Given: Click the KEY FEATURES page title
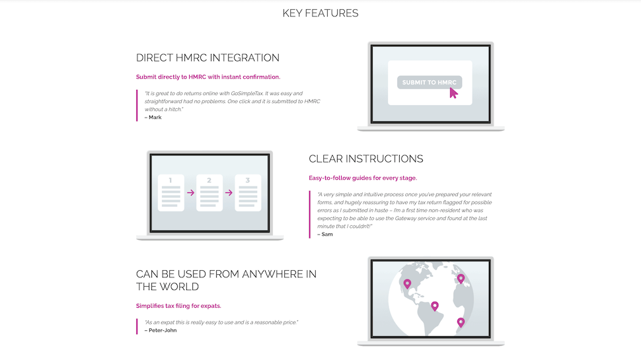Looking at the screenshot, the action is click(x=320, y=13).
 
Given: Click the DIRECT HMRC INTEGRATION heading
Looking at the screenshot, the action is click(x=207, y=57).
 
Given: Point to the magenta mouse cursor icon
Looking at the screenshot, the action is click(x=453, y=92).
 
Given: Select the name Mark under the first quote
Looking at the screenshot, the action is click(x=155, y=118).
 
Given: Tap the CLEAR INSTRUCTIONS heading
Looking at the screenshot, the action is click(x=366, y=159).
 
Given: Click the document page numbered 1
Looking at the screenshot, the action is click(x=171, y=193).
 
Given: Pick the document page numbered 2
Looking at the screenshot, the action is click(x=209, y=193).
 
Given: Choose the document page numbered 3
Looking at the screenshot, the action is click(x=248, y=193).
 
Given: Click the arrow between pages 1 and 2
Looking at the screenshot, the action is click(x=190, y=192).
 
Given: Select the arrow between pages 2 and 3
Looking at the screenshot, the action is click(x=229, y=192).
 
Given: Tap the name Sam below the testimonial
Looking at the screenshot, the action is click(x=327, y=234).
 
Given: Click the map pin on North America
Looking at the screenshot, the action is click(x=407, y=283).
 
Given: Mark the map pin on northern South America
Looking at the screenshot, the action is click(x=435, y=306).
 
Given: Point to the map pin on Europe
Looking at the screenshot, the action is click(x=461, y=279).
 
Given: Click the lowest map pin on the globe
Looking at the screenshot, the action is click(x=461, y=322).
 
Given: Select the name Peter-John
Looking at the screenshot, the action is click(x=163, y=330).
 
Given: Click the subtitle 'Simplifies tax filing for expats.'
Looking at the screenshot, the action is click(x=178, y=306).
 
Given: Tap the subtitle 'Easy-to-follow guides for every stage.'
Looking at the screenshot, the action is click(x=363, y=178).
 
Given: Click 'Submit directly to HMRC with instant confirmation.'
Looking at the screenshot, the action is click(x=208, y=77).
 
